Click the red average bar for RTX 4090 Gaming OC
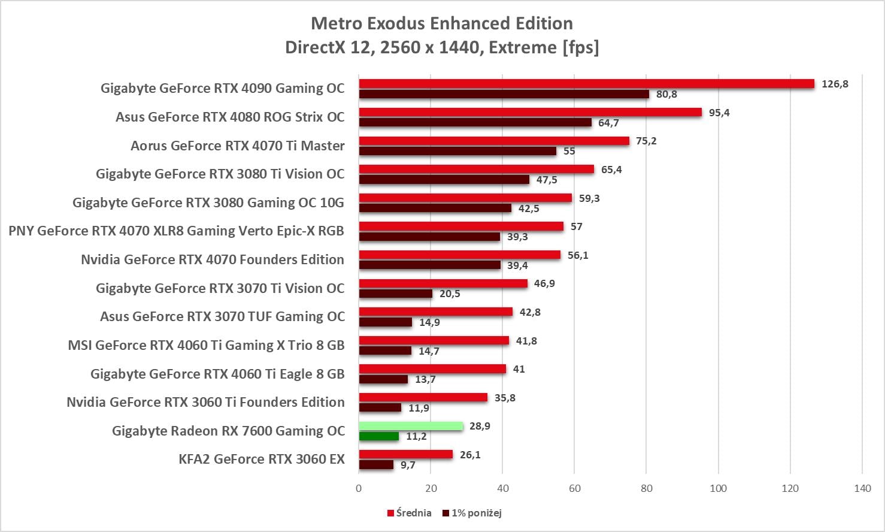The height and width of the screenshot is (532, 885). pyautogui.click(x=587, y=84)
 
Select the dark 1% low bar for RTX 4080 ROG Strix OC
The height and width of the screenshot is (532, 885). pyautogui.click(x=475, y=123)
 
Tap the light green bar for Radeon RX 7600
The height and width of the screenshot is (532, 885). pyautogui.click(x=411, y=426)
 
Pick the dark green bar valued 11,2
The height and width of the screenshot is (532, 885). pyautogui.click(x=379, y=436)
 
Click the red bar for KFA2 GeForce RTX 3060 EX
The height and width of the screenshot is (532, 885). pyautogui.click(x=406, y=455)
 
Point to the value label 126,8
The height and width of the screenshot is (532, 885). pyautogui.click(x=835, y=84)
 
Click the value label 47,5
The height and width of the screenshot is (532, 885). pyautogui.click(x=547, y=180)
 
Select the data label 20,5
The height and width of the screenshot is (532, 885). pyautogui.click(x=450, y=294)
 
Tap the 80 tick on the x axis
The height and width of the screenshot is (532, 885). pyautogui.click(x=647, y=488)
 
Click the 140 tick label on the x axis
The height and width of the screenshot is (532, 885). pyautogui.click(x=862, y=488)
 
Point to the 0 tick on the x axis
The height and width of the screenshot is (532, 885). pyautogui.click(x=359, y=488)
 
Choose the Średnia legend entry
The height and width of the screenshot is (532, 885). pyautogui.click(x=410, y=513)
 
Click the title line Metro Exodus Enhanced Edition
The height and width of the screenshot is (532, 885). pyautogui.click(x=442, y=23)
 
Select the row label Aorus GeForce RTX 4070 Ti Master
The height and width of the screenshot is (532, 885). pyautogui.click(x=238, y=146)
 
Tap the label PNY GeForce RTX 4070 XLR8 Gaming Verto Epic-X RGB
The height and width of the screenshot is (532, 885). pyautogui.click(x=176, y=231)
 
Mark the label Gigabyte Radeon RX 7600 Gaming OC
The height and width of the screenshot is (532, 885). pyautogui.click(x=228, y=431)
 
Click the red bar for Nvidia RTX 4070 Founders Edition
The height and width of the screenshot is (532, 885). pyautogui.click(x=460, y=255)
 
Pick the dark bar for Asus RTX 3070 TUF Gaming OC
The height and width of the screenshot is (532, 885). pyautogui.click(x=386, y=322)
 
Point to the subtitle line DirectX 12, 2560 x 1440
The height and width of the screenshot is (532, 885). pyautogui.click(x=442, y=47)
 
